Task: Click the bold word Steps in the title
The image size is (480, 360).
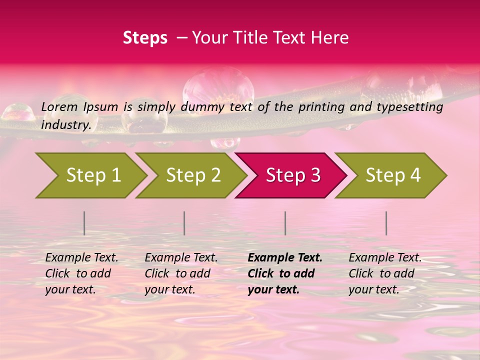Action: (145, 38)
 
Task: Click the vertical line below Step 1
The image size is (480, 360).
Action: (84, 223)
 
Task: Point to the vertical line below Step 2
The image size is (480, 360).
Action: (184, 223)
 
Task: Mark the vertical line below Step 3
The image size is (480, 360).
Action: (285, 223)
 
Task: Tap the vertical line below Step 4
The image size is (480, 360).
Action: (386, 223)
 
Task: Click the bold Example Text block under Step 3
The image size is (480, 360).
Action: (284, 273)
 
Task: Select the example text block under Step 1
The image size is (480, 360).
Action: (81, 273)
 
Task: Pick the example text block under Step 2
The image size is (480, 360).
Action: (181, 273)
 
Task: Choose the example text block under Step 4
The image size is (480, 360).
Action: (385, 273)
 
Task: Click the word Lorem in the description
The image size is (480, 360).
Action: (59, 107)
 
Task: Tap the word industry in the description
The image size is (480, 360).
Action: (65, 125)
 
